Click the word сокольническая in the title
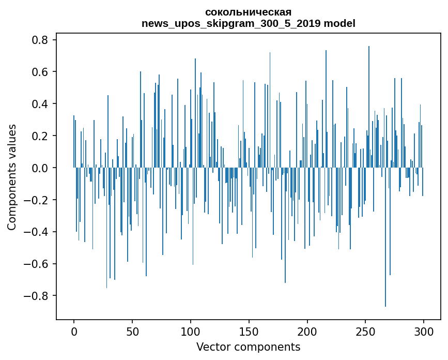pos(248,12)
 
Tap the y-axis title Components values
pos(12,177)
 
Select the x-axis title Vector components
pos(248,347)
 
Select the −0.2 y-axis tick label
pos(37,200)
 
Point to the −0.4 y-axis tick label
pos(37,232)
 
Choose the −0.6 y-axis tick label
pos(37,264)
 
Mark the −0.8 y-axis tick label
pos(37,296)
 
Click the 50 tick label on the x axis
pos(132,332)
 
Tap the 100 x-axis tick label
pos(191,332)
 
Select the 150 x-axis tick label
pos(249,332)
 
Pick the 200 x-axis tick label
pos(307,332)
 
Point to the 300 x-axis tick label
pos(424,332)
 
